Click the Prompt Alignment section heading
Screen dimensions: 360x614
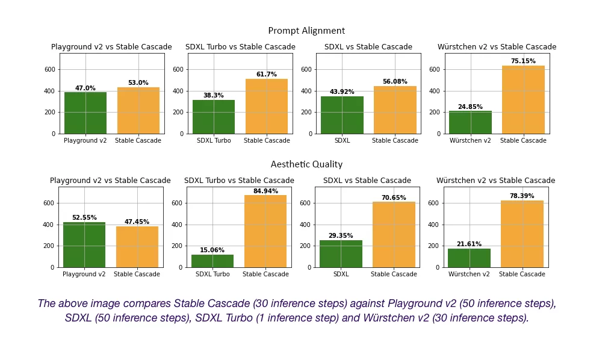pos(306,31)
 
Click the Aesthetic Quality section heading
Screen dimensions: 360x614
pos(306,164)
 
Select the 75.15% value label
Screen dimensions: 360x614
pos(523,61)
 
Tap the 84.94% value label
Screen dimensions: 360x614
pos(265,191)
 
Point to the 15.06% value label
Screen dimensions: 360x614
pos(212,250)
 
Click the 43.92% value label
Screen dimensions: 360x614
pos(342,92)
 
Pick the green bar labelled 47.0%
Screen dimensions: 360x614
pos(85,113)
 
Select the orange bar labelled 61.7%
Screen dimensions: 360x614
pos(266,107)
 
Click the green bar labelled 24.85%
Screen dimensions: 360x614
pos(470,122)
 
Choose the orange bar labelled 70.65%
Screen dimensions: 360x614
pos(394,235)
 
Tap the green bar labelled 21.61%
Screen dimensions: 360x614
pos(469,258)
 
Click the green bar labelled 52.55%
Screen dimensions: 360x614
pos(84,244)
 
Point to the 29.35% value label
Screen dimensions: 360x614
pos(341,236)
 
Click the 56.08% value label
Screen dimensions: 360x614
pos(395,82)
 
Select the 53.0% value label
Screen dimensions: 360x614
pos(138,83)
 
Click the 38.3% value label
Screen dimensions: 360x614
pos(213,96)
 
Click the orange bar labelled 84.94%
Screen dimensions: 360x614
pos(265,231)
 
